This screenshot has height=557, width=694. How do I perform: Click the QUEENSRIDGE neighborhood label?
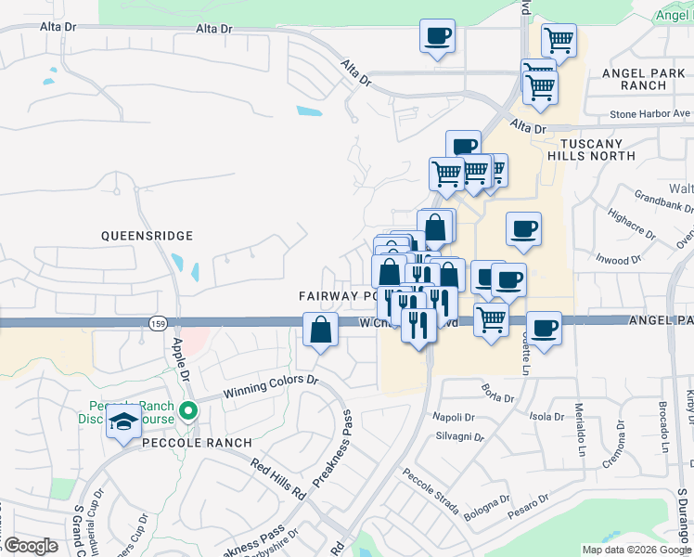[x=147, y=237]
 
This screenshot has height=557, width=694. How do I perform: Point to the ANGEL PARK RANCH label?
[x=634, y=79]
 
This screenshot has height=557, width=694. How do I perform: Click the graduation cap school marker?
[x=123, y=422]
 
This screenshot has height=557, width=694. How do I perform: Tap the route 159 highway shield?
[x=157, y=321]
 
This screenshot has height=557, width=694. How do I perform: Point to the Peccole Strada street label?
[x=431, y=491]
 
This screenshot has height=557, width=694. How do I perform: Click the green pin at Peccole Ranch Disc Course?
[x=189, y=409]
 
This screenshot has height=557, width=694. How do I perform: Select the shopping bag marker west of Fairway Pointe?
[x=320, y=330]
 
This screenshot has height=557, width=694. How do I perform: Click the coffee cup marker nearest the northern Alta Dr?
[x=437, y=36]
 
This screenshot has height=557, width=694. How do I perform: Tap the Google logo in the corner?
[x=31, y=546]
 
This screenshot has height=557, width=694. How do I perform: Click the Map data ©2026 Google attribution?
[x=636, y=550]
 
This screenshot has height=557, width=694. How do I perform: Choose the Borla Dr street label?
[x=497, y=397]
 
